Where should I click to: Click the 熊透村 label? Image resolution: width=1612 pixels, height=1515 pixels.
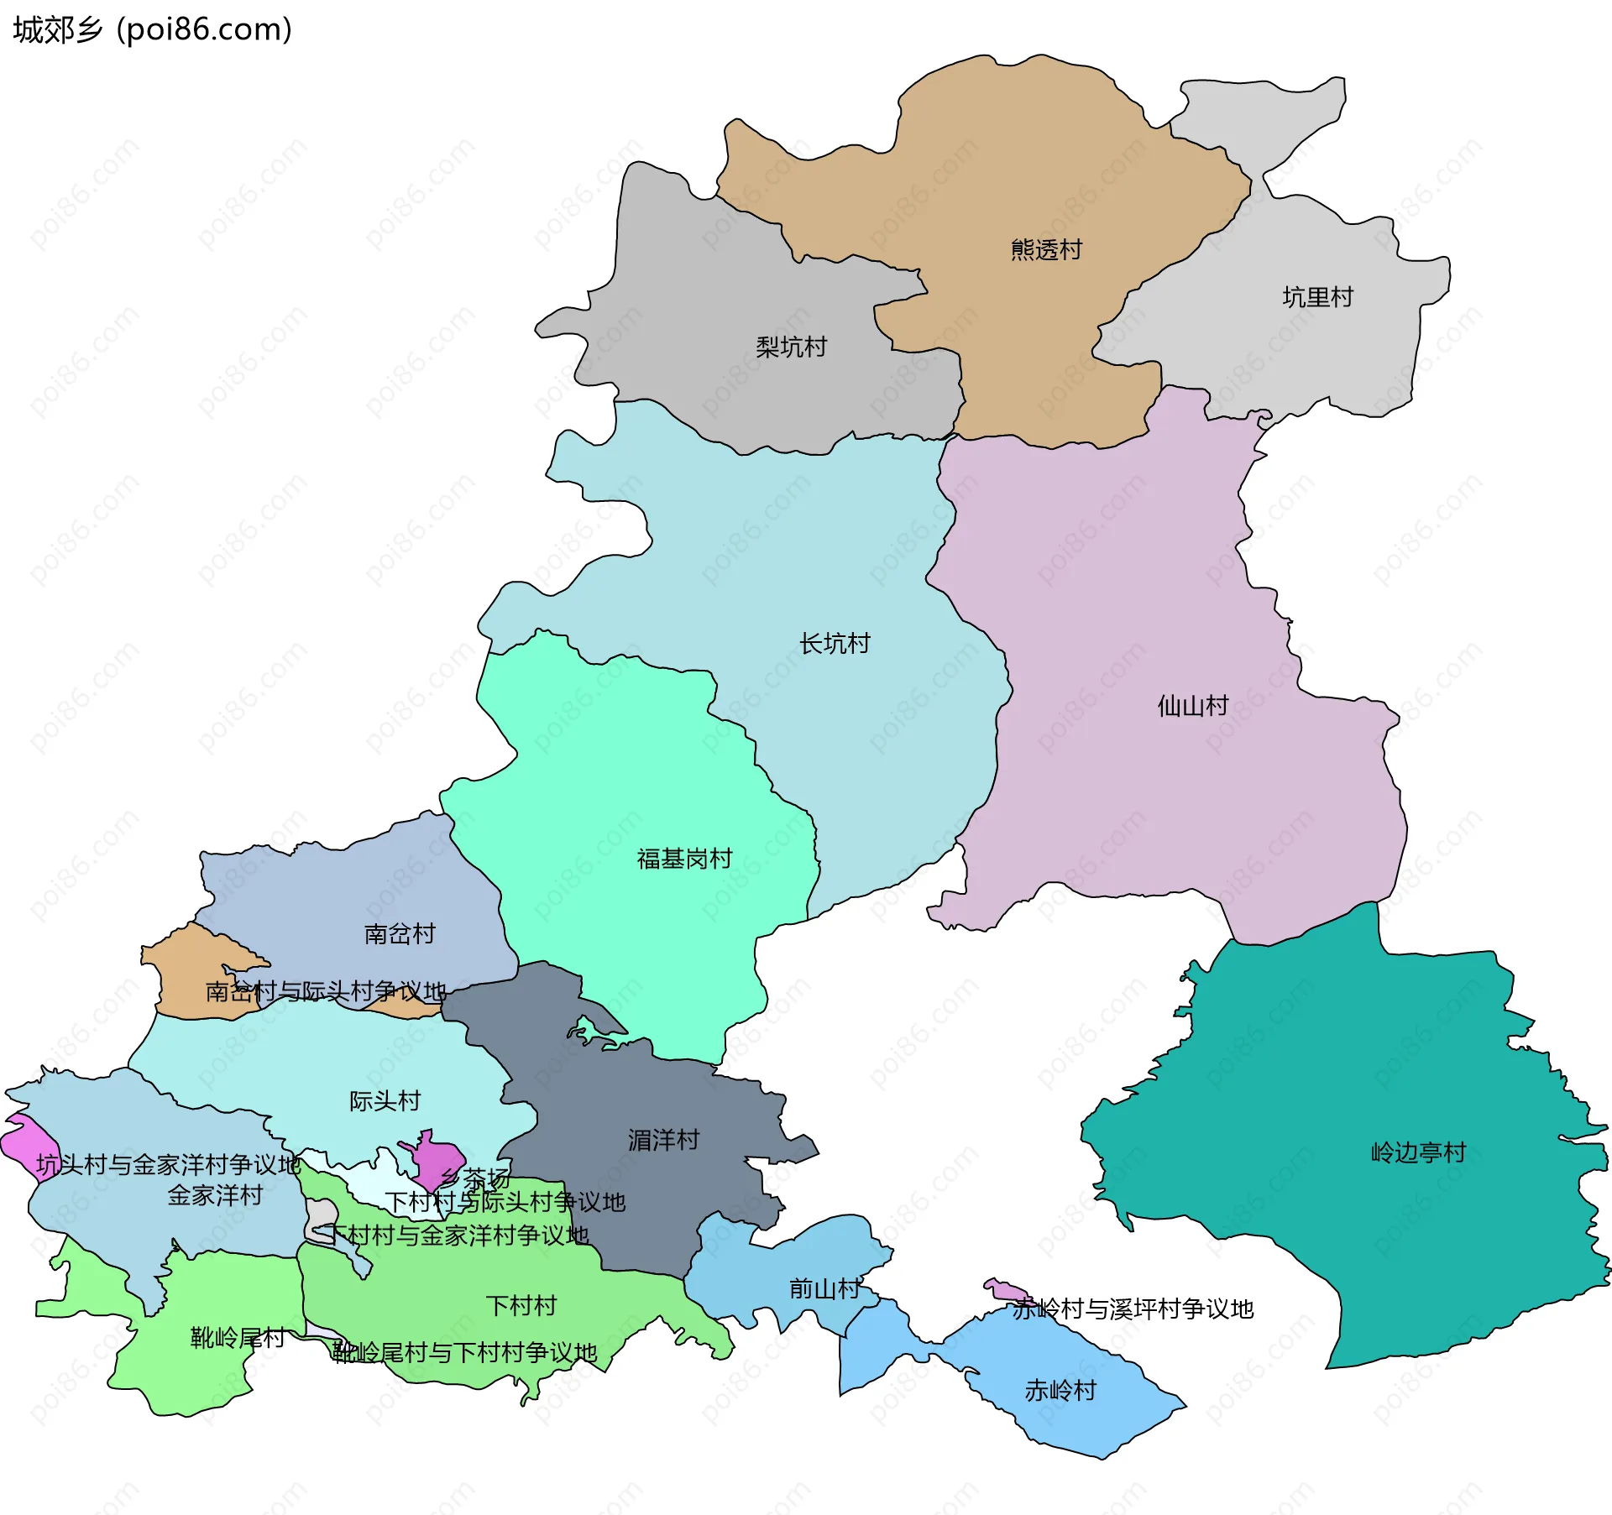coord(1046,249)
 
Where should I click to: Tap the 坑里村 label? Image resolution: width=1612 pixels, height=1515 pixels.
coord(1317,297)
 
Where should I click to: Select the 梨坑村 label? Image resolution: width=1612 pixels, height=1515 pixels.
coord(791,347)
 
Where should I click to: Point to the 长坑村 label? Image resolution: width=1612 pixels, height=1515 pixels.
coord(835,644)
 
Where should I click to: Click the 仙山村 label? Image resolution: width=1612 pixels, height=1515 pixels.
coord(1192,705)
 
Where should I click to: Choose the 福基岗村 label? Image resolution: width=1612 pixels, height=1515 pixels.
coord(684,859)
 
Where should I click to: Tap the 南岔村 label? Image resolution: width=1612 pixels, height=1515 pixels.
coord(400,933)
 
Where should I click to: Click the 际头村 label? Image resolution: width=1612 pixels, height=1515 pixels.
coord(385,1100)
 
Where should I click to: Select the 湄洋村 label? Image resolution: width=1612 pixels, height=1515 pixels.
coord(663,1140)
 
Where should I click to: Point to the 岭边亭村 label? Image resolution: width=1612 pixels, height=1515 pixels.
coord(1418,1152)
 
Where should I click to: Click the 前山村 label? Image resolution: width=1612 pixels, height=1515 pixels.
coord(824,1288)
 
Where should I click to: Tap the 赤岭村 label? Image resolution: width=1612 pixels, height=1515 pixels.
coord(1060,1391)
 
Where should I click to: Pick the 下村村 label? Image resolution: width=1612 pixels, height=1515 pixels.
coord(521,1305)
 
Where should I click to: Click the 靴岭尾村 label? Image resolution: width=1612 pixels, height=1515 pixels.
coord(238,1337)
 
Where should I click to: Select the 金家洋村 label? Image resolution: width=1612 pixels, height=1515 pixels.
coord(215,1195)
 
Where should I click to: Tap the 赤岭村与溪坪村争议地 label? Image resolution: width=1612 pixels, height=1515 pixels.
coord(1133,1309)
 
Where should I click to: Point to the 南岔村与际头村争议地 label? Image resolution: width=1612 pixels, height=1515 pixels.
coord(326,991)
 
